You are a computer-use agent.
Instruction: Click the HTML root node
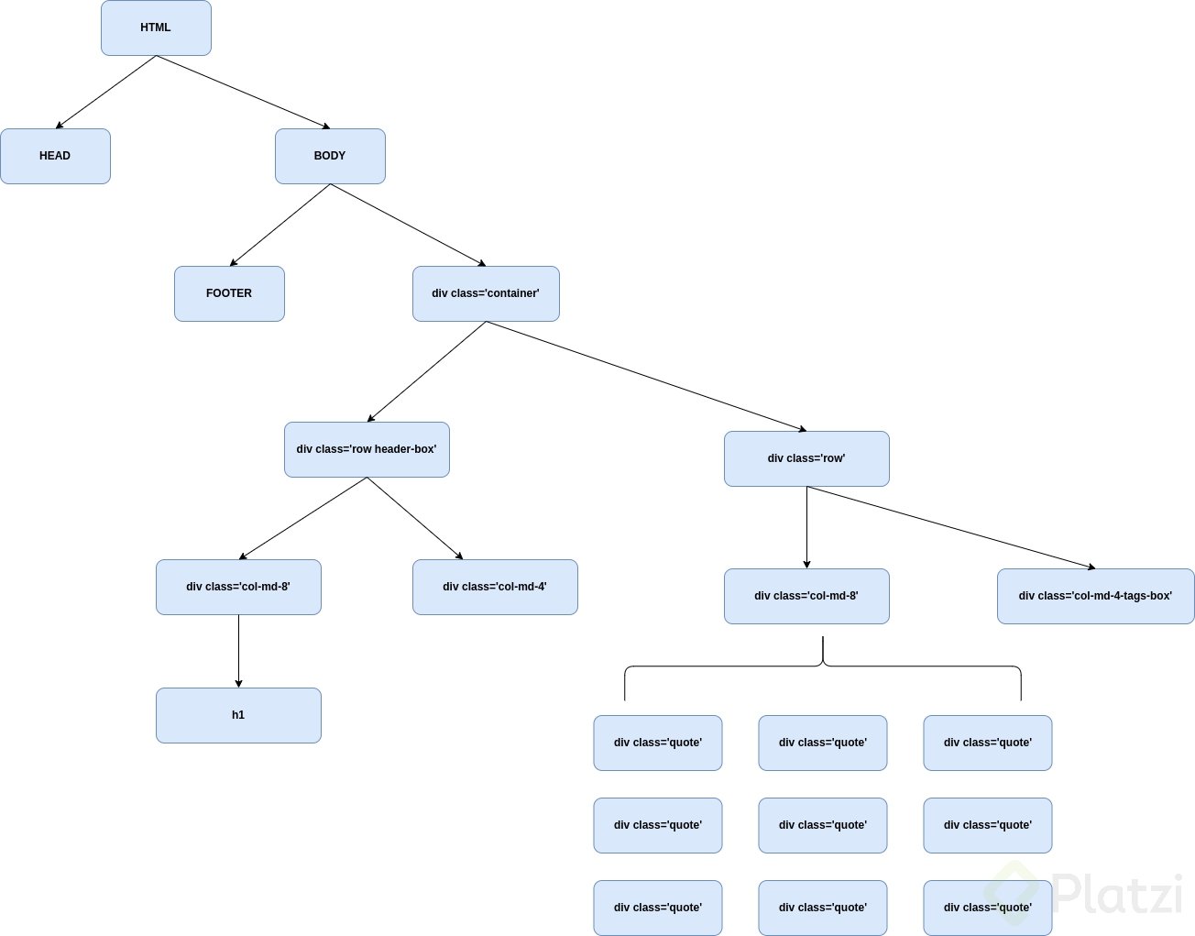click(156, 28)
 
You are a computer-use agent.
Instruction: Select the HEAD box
click(55, 156)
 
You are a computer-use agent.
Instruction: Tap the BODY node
click(330, 156)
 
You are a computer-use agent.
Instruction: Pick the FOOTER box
click(229, 293)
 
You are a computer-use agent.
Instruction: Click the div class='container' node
click(486, 293)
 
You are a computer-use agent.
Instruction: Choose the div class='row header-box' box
click(367, 449)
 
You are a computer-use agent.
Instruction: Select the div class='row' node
click(806, 458)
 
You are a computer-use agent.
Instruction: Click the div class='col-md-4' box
click(495, 587)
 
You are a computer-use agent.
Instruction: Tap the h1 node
click(238, 715)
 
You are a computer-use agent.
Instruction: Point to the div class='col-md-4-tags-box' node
click(1095, 596)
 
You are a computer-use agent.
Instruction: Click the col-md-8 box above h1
click(238, 587)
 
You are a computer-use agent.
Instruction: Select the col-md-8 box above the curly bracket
click(806, 596)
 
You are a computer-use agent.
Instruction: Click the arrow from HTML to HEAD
click(105, 92)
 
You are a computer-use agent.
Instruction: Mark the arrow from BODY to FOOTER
click(280, 226)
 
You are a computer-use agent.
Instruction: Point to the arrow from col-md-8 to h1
click(238, 651)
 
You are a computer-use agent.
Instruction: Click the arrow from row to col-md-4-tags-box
click(951, 528)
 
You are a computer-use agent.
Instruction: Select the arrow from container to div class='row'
click(646, 376)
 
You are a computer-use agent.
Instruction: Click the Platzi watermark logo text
click(1118, 894)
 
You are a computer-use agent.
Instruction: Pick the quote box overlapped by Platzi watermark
click(987, 908)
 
